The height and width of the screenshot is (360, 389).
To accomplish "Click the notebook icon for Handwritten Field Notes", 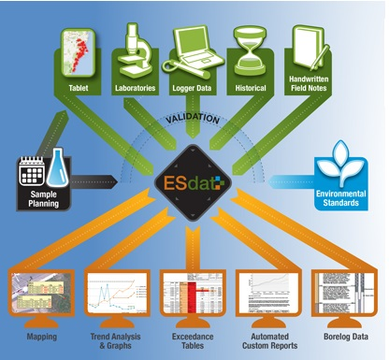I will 309,46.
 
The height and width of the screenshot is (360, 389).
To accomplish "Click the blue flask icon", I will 59,170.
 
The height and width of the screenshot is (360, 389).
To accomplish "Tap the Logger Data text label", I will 194,89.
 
